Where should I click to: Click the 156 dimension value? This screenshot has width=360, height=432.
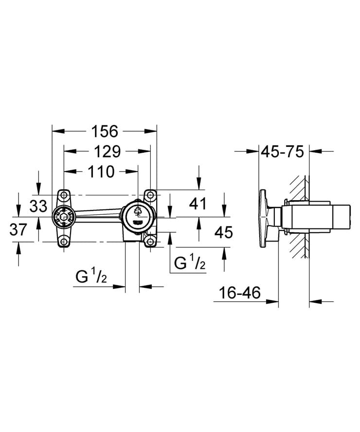coord(105,131)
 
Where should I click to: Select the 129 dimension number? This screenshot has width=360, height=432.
coord(107,152)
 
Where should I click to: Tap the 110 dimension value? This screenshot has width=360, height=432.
coord(101,172)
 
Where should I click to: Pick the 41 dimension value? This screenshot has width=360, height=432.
coord(198,204)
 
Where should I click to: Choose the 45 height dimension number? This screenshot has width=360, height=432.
coord(223,232)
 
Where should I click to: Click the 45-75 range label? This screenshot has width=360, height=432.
coord(283,152)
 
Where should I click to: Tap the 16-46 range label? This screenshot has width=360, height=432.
coord(239,293)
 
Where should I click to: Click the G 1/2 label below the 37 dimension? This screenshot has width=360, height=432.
coord(91,277)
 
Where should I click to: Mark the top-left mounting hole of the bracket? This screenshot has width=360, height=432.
coord(63,195)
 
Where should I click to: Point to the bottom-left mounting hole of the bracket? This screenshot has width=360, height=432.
coord(63,240)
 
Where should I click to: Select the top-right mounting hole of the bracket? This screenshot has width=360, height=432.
coord(150,195)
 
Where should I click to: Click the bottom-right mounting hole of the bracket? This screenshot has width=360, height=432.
coord(150,240)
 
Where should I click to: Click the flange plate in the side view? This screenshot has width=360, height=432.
coord(266,217)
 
